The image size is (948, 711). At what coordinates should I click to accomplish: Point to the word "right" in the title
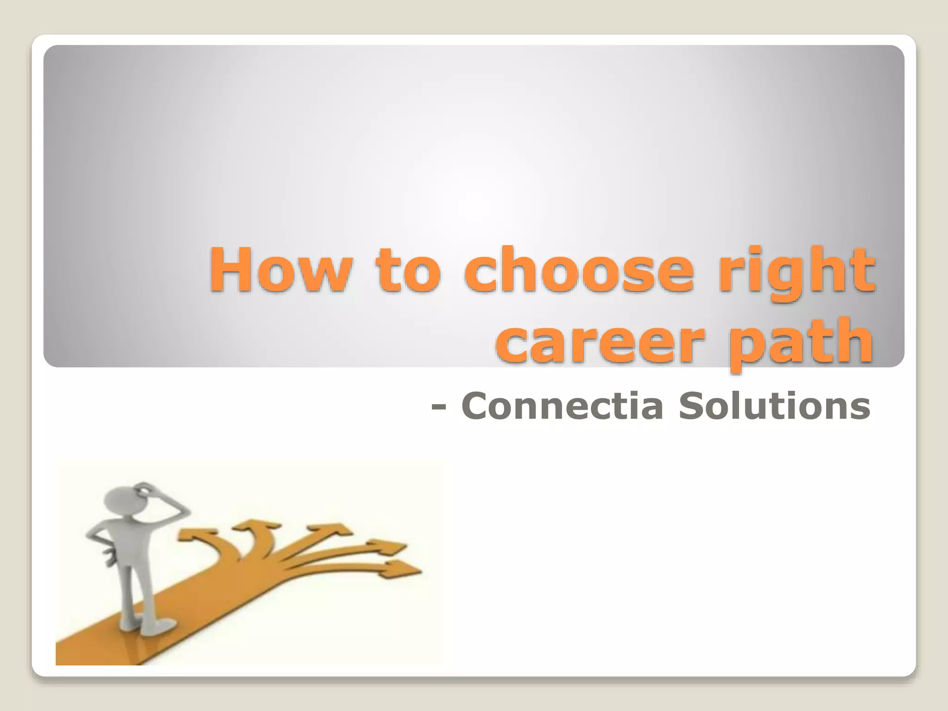(x=797, y=273)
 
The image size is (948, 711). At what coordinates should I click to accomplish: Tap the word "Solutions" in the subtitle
(x=774, y=406)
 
